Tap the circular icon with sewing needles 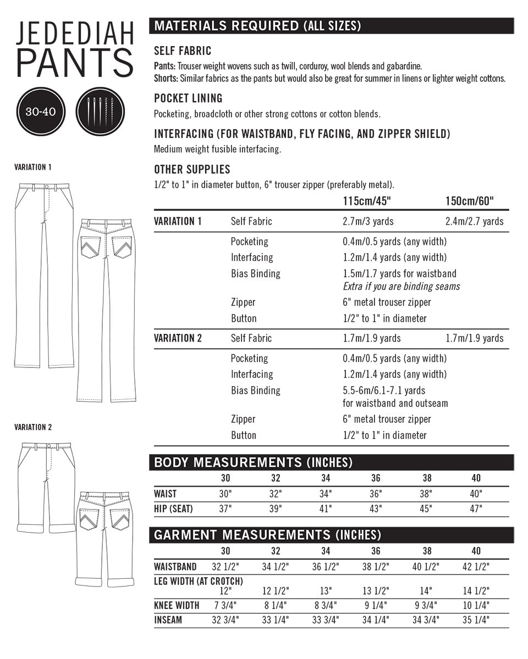pos(100,111)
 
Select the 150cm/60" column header pos(469,202)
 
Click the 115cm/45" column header pos(366,202)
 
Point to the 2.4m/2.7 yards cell pos(474,221)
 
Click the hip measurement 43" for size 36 pos(376,509)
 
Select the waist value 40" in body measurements pos(476,494)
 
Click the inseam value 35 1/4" pos(476,621)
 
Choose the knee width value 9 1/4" pos(377,606)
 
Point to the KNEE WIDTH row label pos(177,606)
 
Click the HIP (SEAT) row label pos(173,509)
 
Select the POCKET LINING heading pos(188,99)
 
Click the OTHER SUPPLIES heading pos(192,170)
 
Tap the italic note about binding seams pos(401,286)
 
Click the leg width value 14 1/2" pos(476,591)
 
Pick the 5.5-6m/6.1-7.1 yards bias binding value pos(383,390)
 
